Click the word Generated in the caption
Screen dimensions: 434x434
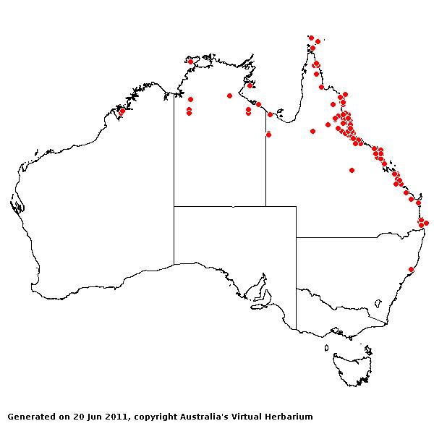coord(30,417)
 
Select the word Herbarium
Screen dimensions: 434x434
coord(286,417)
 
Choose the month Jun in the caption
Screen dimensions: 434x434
coord(93,417)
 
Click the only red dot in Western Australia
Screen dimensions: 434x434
coord(122,111)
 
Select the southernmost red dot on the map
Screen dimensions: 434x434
coord(411,270)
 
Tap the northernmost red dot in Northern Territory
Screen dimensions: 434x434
coord(190,61)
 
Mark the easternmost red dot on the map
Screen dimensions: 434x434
coord(426,223)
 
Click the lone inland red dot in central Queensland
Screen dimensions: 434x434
coord(352,171)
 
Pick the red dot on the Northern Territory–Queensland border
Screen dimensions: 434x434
coord(268,135)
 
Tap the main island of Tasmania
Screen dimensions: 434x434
coord(354,365)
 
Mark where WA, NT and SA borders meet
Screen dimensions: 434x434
coord(174,206)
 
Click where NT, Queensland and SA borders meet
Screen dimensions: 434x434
coord(265,206)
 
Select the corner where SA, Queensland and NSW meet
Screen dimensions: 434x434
coord(296,237)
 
